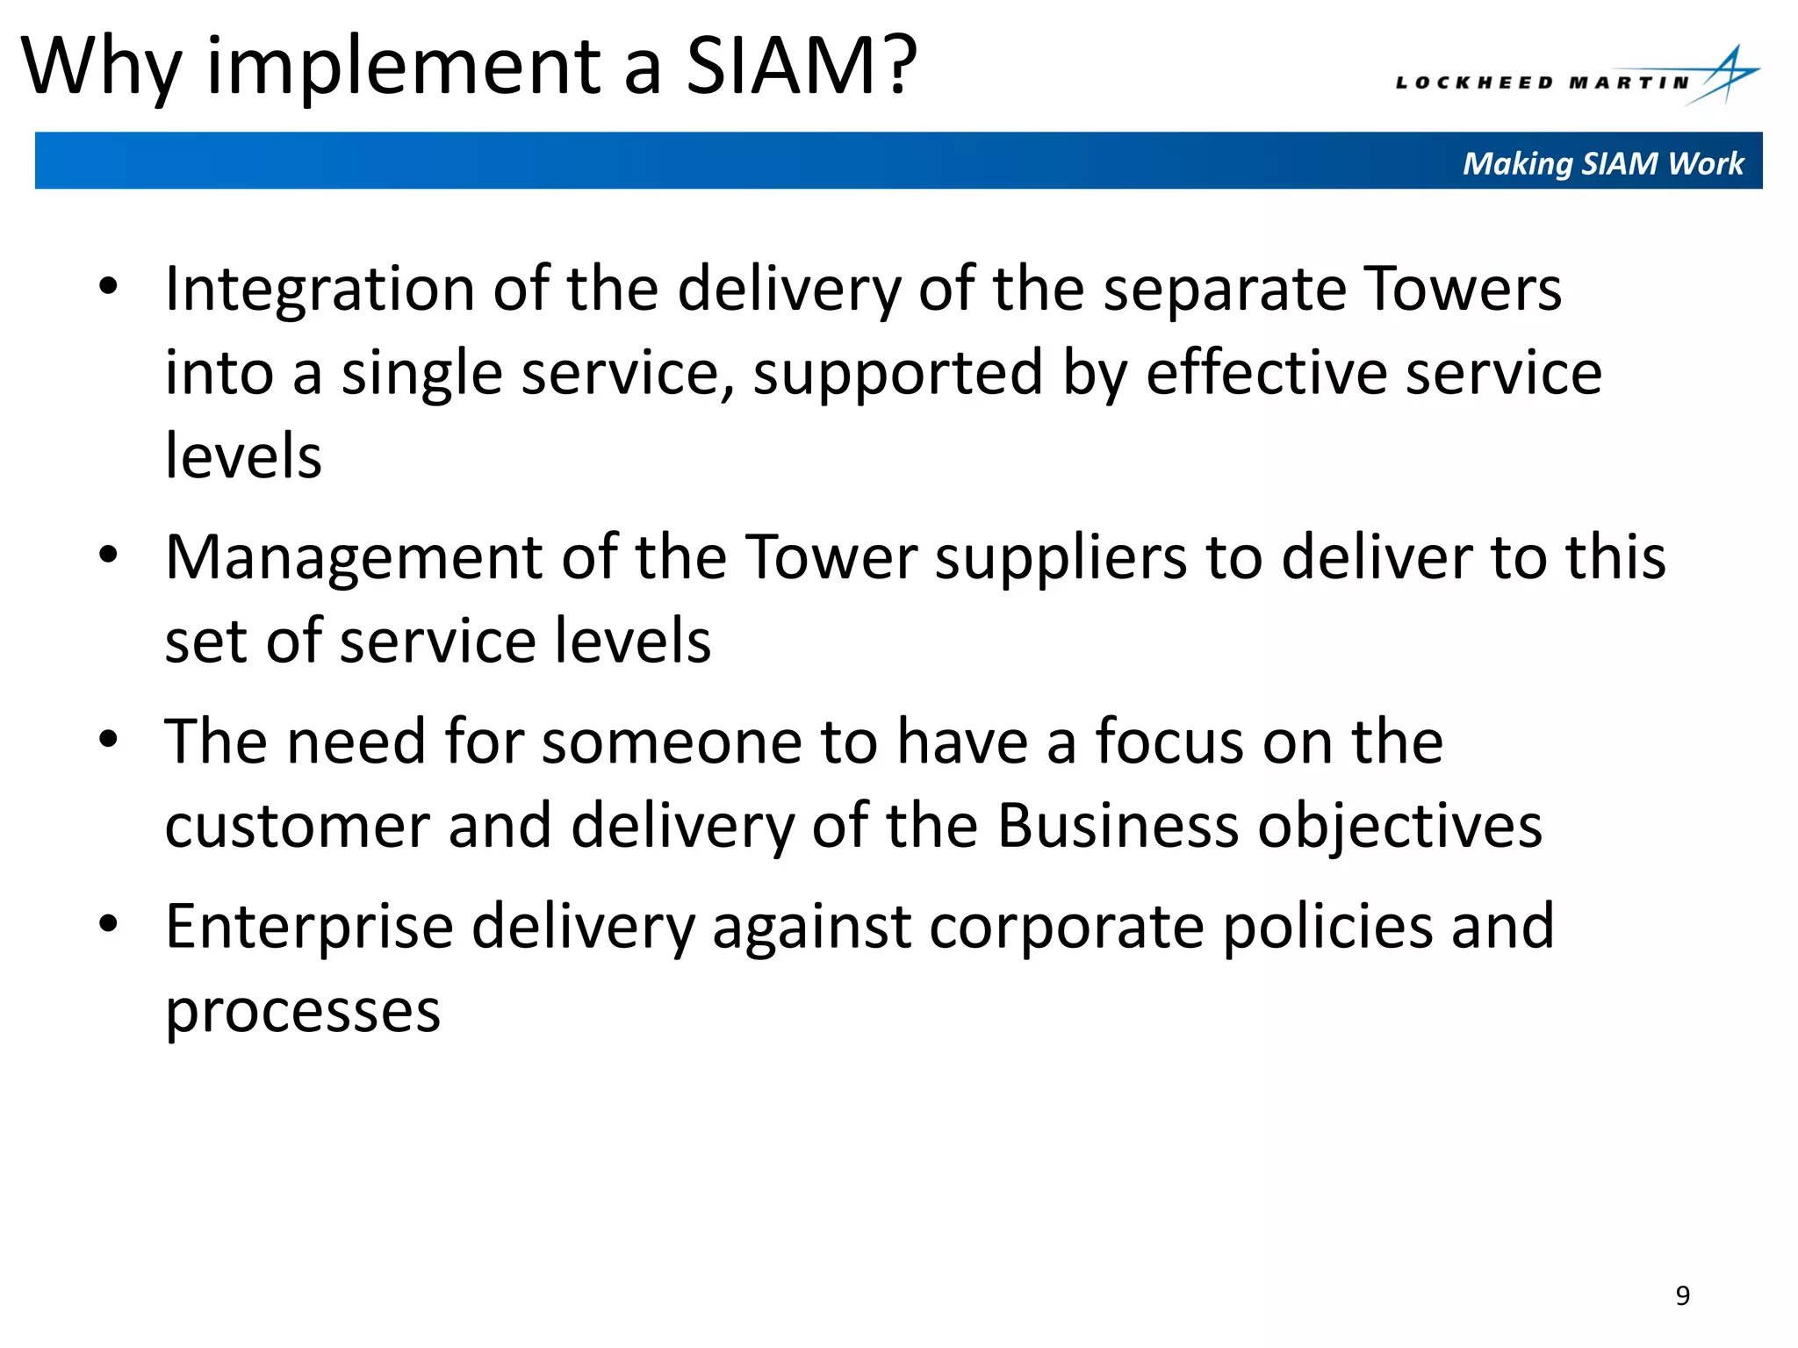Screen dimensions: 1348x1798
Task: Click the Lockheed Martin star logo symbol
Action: click(x=1725, y=76)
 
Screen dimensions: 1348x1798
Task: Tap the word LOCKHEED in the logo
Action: click(x=1474, y=83)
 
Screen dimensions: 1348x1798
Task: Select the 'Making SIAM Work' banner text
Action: click(x=1602, y=163)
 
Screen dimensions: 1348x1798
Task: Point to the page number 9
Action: click(x=1682, y=1295)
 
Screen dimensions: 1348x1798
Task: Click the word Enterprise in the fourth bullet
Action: click(x=308, y=929)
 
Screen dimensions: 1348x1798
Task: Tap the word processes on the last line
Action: click(x=303, y=1012)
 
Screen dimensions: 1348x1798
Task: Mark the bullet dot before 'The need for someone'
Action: click(x=108, y=739)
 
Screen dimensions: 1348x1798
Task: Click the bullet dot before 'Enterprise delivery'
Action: click(x=108, y=923)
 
